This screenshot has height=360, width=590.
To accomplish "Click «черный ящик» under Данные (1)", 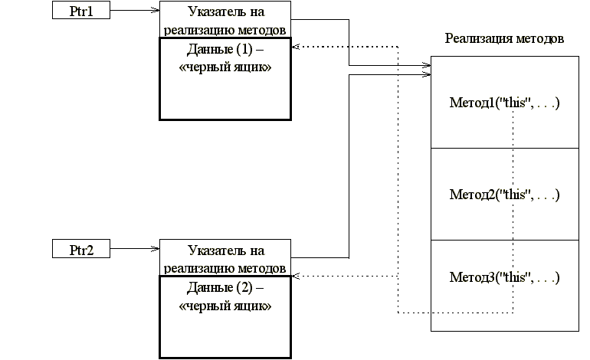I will [x=225, y=67].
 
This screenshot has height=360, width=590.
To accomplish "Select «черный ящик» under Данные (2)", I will [x=225, y=306].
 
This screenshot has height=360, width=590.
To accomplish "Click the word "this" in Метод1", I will [x=514, y=103].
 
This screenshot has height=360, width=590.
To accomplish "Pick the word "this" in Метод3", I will [x=514, y=277].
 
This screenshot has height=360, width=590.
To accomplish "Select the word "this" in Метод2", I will [x=514, y=194].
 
